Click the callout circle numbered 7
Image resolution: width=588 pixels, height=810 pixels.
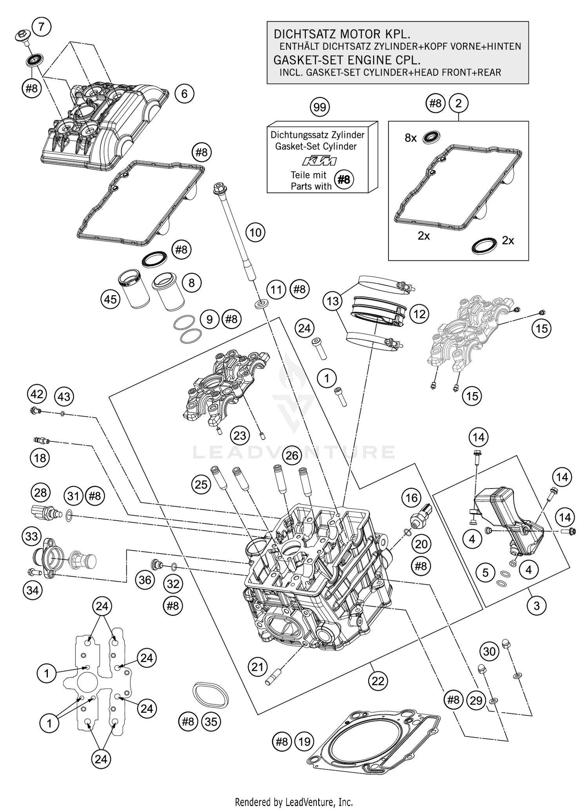click(x=41, y=27)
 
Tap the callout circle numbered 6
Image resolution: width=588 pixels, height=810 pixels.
click(x=184, y=94)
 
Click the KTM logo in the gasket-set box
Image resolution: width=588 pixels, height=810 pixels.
click(x=319, y=161)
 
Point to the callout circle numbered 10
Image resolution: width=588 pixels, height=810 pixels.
click(x=255, y=232)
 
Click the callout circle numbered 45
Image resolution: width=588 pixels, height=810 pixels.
click(x=110, y=300)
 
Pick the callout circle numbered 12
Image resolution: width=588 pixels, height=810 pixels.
click(x=419, y=314)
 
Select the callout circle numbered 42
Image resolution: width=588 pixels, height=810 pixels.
click(x=37, y=394)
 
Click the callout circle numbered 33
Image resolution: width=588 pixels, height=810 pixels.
click(x=33, y=536)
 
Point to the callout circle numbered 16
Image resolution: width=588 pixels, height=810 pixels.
click(x=411, y=498)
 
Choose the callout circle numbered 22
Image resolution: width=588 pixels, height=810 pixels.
click(x=378, y=681)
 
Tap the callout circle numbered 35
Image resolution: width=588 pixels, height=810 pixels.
click(x=211, y=721)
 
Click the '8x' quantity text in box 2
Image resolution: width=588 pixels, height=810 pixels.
click(x=410, y=138)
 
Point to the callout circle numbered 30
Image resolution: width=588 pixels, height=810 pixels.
click(x=489, y=652)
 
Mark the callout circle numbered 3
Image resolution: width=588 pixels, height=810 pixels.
click(x=536, y=606)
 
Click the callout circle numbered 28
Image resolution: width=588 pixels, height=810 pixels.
click(x=40, y=492)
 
